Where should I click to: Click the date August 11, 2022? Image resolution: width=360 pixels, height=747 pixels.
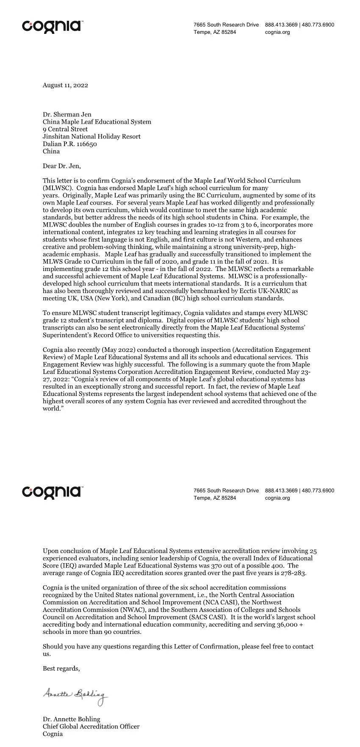click(65, 85)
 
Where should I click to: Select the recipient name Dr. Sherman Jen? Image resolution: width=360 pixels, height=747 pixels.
click(67, 114)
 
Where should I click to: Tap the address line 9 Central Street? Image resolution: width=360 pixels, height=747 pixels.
click(65, 129)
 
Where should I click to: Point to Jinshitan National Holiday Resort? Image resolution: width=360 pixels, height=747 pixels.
click(91, 136)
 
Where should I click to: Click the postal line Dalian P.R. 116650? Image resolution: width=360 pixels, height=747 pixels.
click(70, 144)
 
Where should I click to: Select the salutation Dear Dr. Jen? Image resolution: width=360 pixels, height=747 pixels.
click(61, 166)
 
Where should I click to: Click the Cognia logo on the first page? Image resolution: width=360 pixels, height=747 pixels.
click(52, 26)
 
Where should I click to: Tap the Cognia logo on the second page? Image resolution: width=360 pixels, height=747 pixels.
click(52, 492)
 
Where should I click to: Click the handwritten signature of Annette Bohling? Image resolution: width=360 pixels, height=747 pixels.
click(75, 695)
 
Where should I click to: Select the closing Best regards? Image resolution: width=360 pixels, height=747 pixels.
click(61, 668)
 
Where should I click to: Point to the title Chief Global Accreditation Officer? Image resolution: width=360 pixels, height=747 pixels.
click(91, 726)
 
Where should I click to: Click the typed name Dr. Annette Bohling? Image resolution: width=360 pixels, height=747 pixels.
click(72, 719)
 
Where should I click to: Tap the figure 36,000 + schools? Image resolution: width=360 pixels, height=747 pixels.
click(288, 625)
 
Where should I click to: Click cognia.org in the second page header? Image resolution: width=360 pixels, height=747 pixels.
click(277, 498)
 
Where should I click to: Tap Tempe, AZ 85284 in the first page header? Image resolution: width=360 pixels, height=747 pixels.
click(215, 32)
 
